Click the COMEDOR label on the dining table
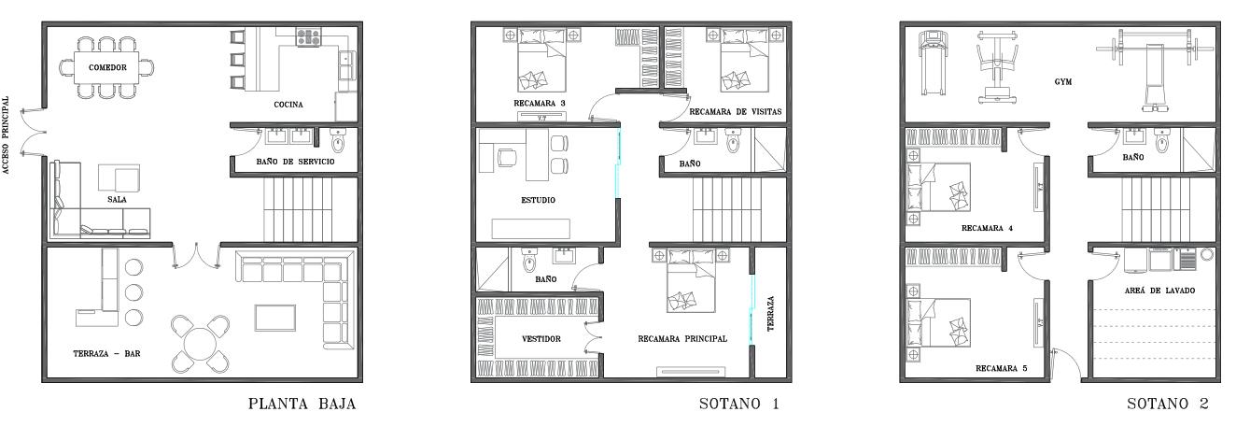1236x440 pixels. (107, 67)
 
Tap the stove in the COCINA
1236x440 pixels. (308, 37)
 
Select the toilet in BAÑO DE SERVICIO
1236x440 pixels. (337, 142)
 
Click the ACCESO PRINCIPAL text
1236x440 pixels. (7, 135)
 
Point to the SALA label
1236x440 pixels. (117, 199)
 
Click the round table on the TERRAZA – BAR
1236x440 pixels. (201, 344)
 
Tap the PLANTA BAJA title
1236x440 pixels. (302, 405)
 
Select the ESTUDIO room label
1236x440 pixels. (538, 200)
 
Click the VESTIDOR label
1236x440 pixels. (541, 338)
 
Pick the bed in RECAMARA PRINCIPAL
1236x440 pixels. (691, 281)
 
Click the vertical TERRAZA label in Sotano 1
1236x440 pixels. (771, 314)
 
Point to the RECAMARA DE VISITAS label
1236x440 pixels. (736, 111)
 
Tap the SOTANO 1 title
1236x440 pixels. (739, 405)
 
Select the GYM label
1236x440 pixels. (1063, 81)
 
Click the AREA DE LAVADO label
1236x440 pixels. (1159, 291)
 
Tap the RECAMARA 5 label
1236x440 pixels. (1002, 368)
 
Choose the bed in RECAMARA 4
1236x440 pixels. (939, 187)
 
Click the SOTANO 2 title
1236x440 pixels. (1168, 405)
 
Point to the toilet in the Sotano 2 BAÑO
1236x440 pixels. (1162, 142)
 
